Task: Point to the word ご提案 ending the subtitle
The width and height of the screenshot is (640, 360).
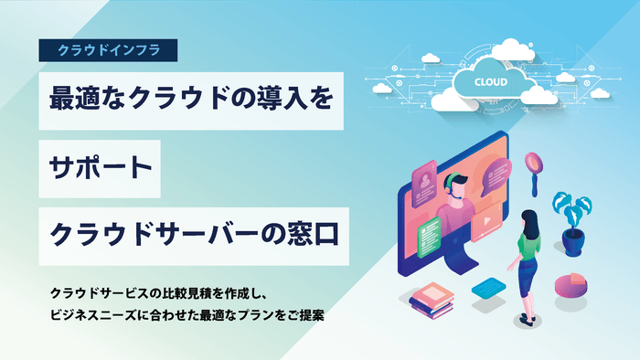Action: tap(306, 315)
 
